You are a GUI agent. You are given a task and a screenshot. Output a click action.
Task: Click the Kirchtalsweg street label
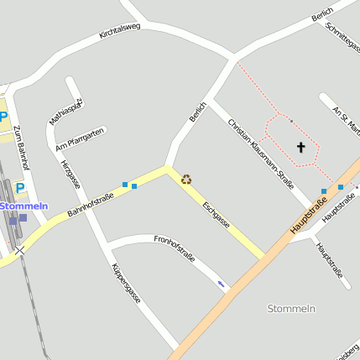pyautogui.click(x=119, y=32)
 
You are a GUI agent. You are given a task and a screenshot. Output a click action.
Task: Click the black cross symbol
pyautogui.click(x=301, y=148)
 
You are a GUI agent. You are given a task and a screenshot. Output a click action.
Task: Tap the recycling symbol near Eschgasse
pyautogui.click(x=185, y=178)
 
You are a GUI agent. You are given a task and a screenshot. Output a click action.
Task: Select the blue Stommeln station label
pyautogui.click(x=23, y=206)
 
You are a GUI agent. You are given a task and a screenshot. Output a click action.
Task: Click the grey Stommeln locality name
pyautogui.click(x=291, y=308)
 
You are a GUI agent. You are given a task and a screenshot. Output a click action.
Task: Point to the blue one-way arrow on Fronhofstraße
pyautogui.click(x=222, y=285)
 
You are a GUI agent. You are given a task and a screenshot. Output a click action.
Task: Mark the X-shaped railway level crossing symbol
pyautogui.click(x=19, y=249)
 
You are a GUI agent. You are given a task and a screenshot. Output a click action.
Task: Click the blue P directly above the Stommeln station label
pyautogui.click(x=20, y=188)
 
